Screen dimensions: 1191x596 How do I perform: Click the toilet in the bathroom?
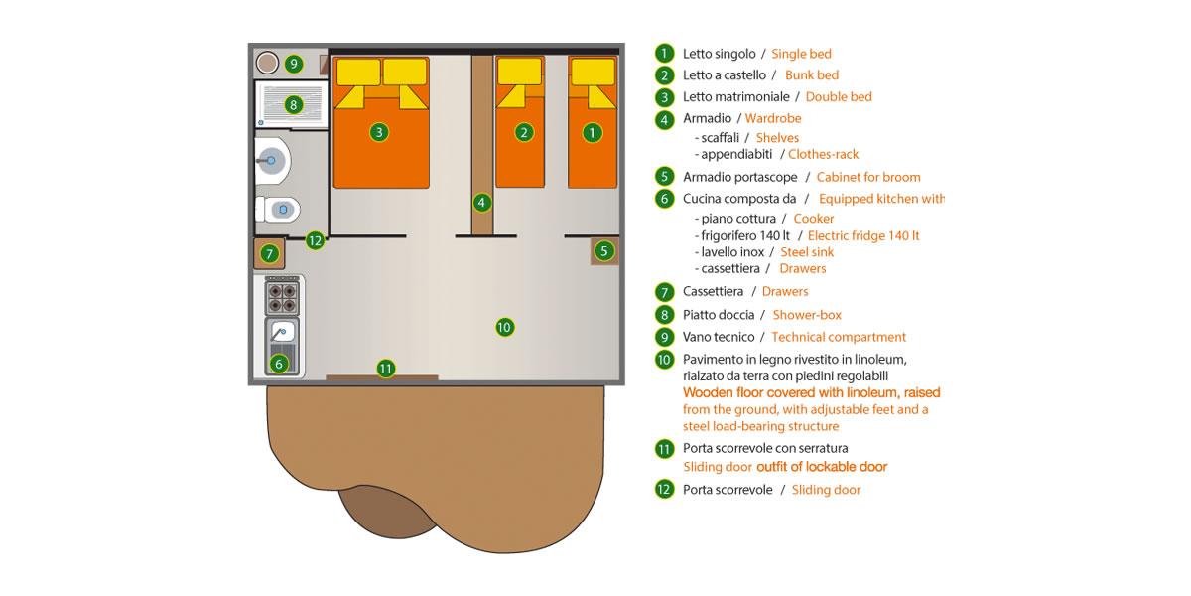pyautogui.click(x=278, y=210)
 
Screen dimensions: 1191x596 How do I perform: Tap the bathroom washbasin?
pyautogui.click(x=273, y=161)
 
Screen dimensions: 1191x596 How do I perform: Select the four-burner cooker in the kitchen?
pyautogui.click(x=282, y=297)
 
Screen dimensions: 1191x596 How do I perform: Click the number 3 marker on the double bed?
pyautogui.click(x=379, y=132)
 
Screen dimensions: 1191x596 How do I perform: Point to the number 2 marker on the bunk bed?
pyautogui.click(x=524, y=132)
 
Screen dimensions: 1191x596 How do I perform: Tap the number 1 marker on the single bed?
pyautogui.click(x=593, y=132)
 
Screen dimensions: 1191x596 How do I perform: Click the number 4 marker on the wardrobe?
pyautogui.click(x=481, y=203)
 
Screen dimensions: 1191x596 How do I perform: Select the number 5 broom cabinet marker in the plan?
pyautogui.click(x=604, y=250)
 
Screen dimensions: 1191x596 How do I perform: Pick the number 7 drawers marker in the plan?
pyautogui.click(x=270, y=254)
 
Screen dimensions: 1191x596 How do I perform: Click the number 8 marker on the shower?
pyautogui.click(x=293, y=105)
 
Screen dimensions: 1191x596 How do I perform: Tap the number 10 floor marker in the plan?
pyautogui.click(x=504, y=327)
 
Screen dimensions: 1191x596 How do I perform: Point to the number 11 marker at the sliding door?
pyautogui.click(x=385, y=369)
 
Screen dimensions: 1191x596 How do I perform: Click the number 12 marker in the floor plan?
pyautogui.click(x=316, y=240)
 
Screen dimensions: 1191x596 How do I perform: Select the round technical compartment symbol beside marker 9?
pyautogui.click(x=267, y=63)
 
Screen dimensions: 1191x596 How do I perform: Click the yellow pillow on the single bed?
pyautogui.click(x=593, y=72)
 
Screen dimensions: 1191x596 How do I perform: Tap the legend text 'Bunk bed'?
pyautogui.click(x=812, y=75)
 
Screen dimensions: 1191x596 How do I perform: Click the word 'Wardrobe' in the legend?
pyautogui.click(x=772, y=118)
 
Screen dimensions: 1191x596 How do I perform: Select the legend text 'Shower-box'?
pyautogui.click(x=807, y=315)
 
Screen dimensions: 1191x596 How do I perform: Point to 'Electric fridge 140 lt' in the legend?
pyautogui.click(x=862, y=235)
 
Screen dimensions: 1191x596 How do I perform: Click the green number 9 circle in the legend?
pyautogui.click(x=664, y=337)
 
